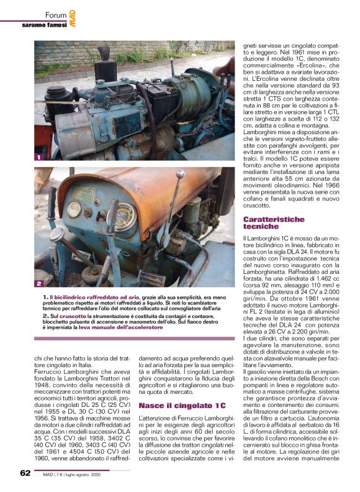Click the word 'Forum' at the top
(56, 14)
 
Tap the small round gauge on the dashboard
(74, 209)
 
